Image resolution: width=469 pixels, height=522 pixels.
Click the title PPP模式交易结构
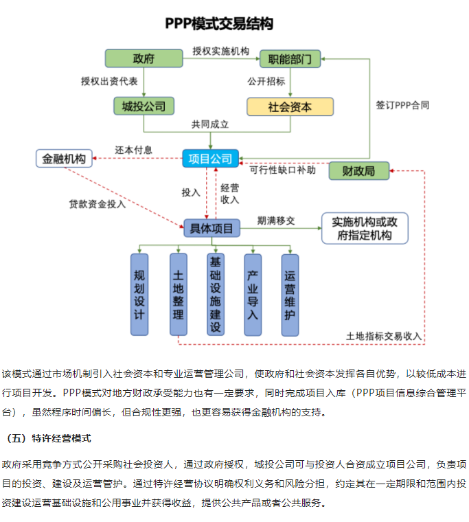(x=219, y=24)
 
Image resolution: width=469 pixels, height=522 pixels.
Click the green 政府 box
(x=144, y=59)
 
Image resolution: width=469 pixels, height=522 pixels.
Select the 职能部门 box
(x=290, y=59)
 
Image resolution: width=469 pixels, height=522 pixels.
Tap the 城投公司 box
(x=144, y=106)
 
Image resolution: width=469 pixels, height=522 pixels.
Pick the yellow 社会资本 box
(x=290, y=106)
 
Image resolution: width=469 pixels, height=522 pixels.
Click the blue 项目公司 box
(x=210, y=159)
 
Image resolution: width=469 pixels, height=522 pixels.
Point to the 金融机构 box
(x=64, y=159)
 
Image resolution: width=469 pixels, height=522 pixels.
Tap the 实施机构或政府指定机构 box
(x=365, y=228)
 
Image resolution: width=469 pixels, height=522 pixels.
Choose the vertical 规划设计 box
(x=139, y=294)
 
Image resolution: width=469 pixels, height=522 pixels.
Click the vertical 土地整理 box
(x=178, y=294)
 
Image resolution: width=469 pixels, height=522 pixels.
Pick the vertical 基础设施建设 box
(x=216, y=294)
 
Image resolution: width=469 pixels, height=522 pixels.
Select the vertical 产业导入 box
(x=253, y=294)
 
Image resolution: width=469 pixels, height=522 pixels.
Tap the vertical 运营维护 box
(x=290, y=294)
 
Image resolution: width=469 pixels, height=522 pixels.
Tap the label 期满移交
(x=276, y=220)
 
